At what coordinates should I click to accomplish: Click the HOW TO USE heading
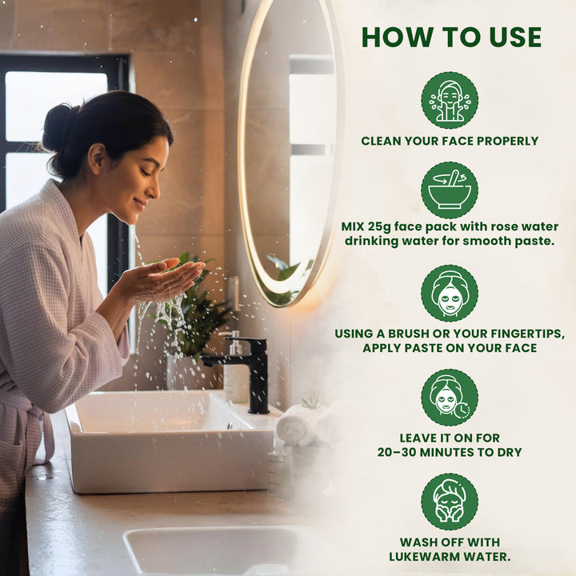451,37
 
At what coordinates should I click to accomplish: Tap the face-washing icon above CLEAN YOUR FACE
450,100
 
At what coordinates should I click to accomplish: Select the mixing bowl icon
450,190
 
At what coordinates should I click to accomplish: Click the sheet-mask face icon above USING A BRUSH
450,294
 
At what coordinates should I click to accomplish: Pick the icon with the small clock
450,398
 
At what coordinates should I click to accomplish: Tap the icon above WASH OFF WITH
450,502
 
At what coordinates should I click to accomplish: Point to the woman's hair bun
58,126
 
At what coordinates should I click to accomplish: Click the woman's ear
97,158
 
